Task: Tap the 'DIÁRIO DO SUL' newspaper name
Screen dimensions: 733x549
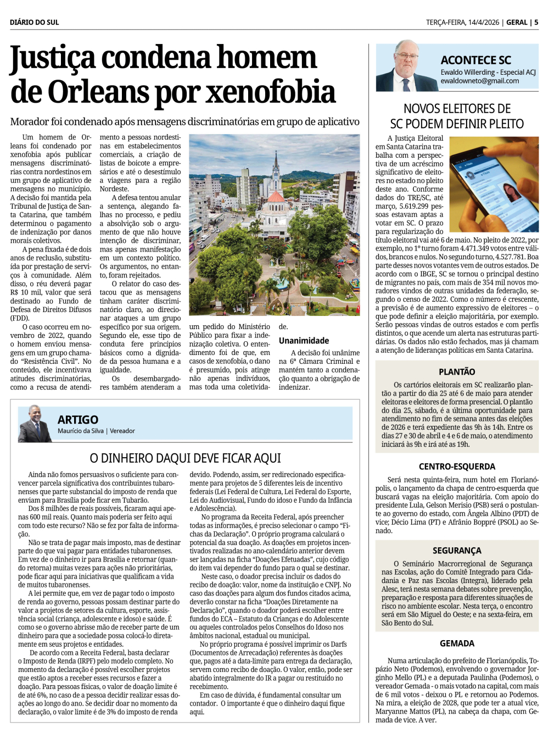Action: point(34,23)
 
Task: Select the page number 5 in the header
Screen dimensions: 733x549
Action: point(536,23)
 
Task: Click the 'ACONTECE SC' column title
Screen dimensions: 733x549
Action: point(475,60)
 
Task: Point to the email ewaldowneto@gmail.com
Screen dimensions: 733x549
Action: point(479,81)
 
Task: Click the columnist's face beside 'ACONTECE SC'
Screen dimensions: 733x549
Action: point(407,58)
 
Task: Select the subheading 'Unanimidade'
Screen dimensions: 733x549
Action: point(304,341)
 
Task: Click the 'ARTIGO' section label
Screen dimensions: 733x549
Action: point(78,420)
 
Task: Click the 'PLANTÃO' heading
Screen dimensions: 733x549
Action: point(457,372)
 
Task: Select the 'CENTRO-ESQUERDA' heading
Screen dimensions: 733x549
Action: point(457,467)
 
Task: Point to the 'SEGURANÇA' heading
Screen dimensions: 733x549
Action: point(457,551)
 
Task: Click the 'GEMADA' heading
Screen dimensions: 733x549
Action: point(457,643)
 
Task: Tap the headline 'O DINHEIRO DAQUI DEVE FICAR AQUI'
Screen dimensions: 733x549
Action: point(185,458)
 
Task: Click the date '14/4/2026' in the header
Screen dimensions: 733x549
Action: point(484,23)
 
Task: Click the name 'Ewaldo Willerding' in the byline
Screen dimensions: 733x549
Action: point(468,73)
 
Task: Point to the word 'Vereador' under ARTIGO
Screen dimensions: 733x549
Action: point(122,431)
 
